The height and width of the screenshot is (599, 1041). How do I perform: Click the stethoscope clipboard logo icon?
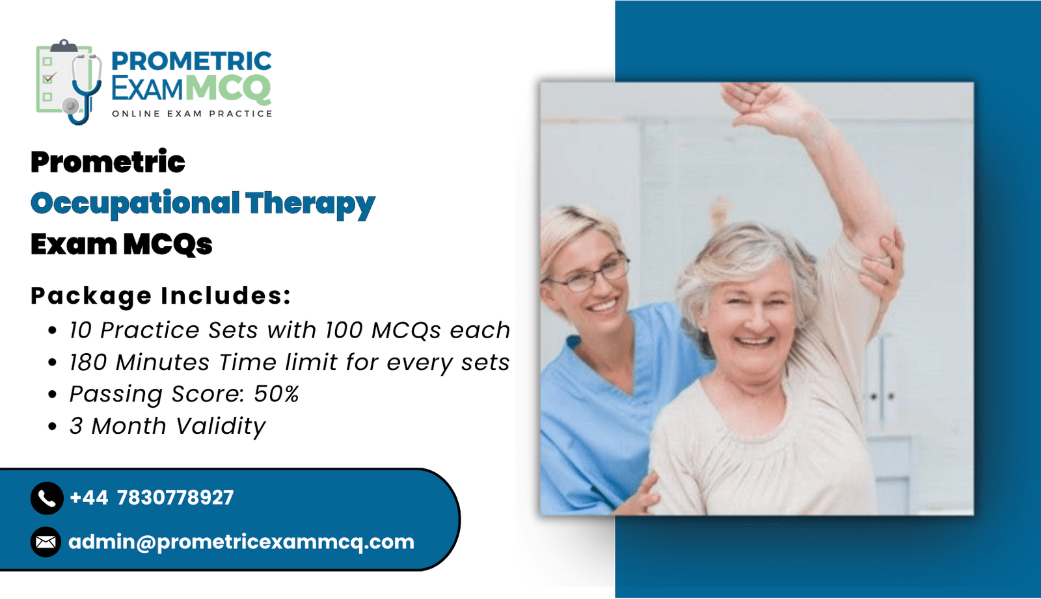click(x=69, y=82)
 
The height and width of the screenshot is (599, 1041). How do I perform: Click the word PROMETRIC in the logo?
click(x=191, y=61)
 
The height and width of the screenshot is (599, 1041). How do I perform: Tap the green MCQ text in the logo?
click(x=228, y=88)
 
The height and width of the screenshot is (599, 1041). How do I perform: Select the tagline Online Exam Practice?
click(x=192, y=114)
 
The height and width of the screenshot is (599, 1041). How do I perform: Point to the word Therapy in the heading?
click(x=310, y=204)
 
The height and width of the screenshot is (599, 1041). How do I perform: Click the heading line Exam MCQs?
click(x=121, y=245)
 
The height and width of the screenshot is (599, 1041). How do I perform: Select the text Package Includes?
click(x=161, y=296)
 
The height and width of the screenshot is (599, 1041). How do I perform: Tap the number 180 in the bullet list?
click(x=88, y=362)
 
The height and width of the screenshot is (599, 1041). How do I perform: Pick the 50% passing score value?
click(x=276, y=394)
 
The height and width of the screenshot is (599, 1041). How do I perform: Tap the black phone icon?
click(x=47, y=498)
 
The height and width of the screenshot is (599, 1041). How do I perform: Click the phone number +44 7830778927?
click(x=152, y=498)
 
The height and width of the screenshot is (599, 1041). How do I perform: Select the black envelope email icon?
click(x=46, y=542)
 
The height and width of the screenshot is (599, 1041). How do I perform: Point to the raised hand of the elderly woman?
click(x=769, y=104)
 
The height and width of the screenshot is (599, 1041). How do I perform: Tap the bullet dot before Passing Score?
click(x=53, y=395)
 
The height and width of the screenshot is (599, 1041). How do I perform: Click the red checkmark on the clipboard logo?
click(x=49, y=77)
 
